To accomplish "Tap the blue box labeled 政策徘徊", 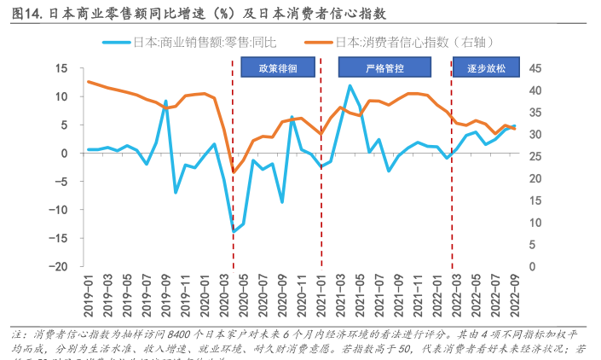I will (x=277, y=68).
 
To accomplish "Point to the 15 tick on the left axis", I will (x=61, y=69).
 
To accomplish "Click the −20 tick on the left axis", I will (x=58, y=266).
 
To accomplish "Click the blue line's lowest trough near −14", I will (x=234, y=231).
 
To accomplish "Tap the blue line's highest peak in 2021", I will (x=350, y=85).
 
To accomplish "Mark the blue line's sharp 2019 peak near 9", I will (x=166, y=101).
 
